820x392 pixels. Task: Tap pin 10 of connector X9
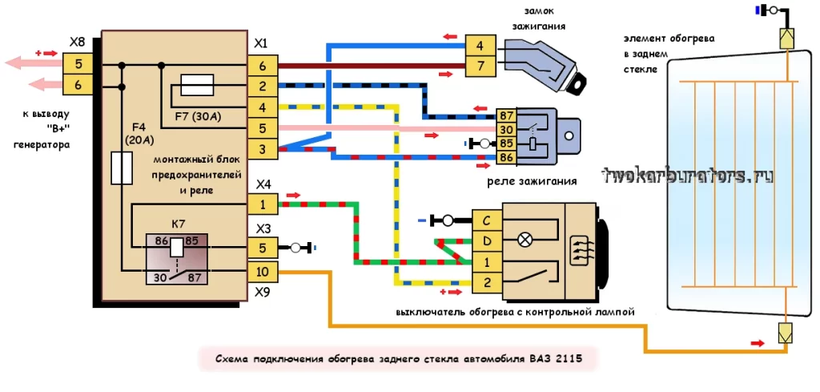(263, 273)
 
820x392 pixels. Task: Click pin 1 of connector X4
(263, 205)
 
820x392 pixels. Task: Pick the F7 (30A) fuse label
(196, 115)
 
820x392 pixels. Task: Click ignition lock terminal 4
(479, 46)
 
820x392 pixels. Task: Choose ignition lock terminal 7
(479, 67)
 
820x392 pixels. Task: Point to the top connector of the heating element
(786, 38)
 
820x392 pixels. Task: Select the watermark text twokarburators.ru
(687, 176)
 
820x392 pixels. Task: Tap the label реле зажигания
(532, 182)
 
